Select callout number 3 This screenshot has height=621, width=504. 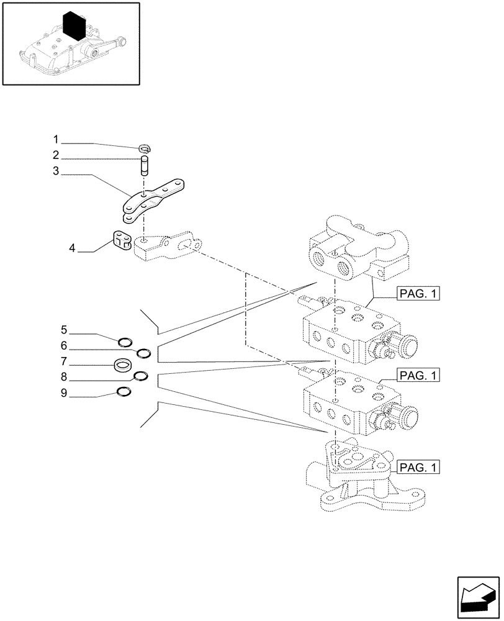73,171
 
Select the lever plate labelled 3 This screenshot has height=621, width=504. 155,199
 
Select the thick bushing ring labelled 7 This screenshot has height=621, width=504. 123,365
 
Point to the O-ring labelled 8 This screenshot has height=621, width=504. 140,375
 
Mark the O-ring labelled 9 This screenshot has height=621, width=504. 124,392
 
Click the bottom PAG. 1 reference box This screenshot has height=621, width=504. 415,466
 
